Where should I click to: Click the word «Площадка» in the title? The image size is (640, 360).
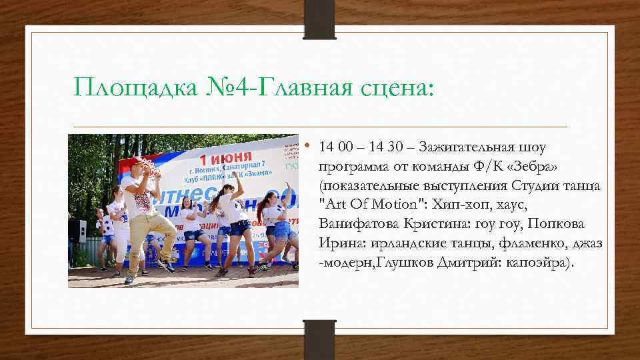click(132, 86)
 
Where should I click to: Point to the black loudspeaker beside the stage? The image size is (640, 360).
click(77, 230)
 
